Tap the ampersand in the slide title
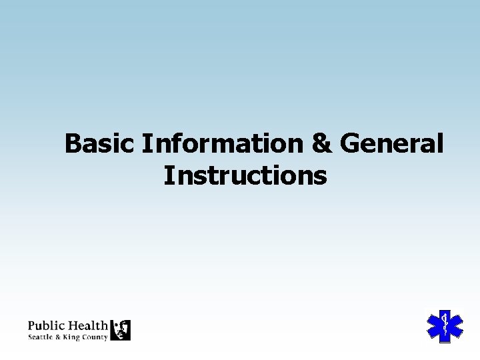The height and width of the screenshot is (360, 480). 322,143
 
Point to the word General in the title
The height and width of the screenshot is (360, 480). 391,143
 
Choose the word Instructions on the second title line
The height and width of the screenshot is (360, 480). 245,176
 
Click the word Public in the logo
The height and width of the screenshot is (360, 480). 46,327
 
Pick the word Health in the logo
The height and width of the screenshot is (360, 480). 87,326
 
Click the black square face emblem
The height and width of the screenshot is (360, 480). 120,329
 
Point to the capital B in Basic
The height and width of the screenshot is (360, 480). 73,143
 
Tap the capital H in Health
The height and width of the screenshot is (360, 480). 71,326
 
